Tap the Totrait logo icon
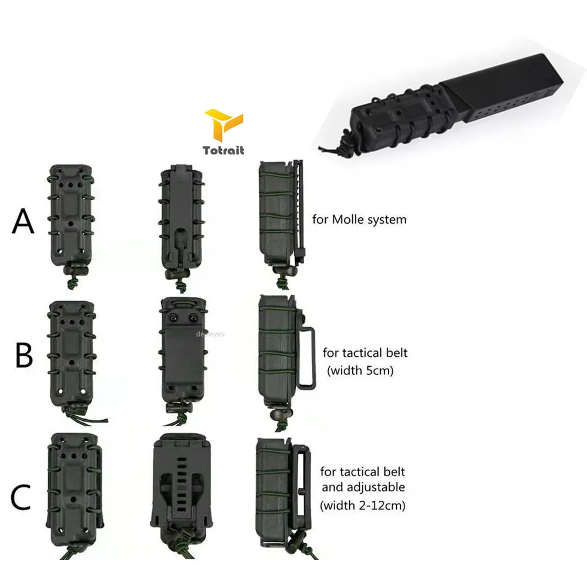(x=222, y=126)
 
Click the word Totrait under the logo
(x=223, y=151)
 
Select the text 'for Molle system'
(x=360, y=221)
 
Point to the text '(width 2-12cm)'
(x=363, y=504)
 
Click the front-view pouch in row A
(x=73, y=217)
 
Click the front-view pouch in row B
(x=73, y=352)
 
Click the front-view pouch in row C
(x=73, y=490)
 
